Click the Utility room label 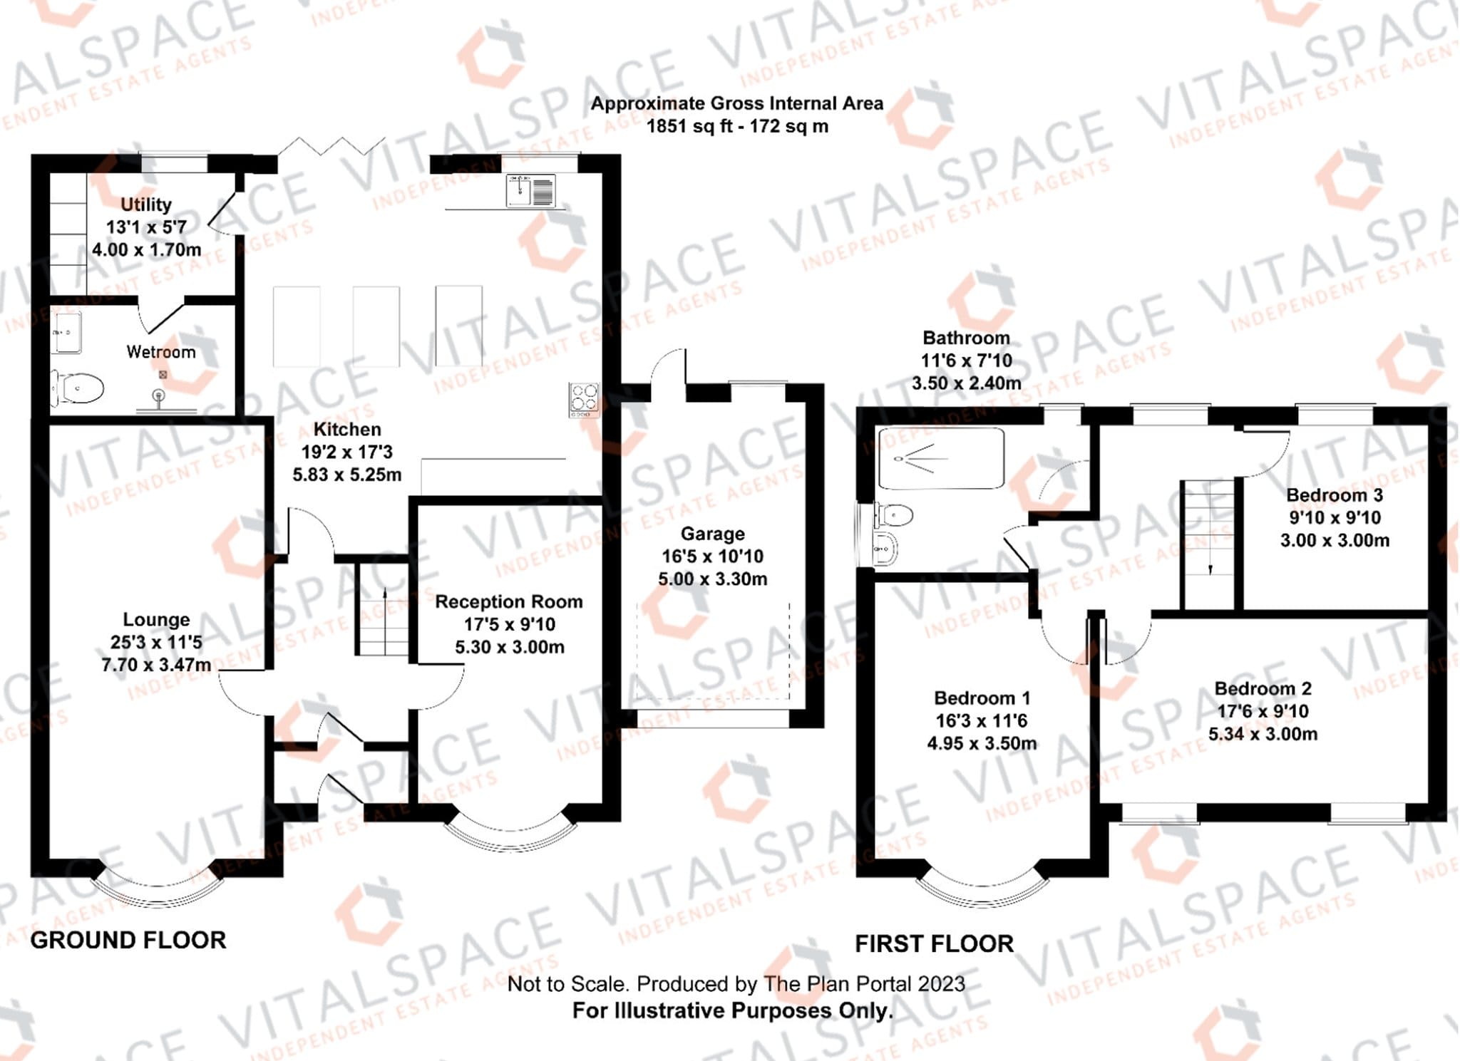point(146,205)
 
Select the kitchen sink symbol point(530,191)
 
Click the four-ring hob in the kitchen point(584,400)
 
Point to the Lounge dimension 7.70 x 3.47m point(156,666)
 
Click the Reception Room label point(509,602)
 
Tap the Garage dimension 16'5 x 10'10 point(712,557)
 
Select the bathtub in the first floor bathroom point(941,457)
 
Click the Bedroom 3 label point(1335,495)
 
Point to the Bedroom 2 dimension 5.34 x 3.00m point(1263,734)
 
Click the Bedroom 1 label point(982,698)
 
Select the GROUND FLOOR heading point(128,941)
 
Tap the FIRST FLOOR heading point(934,944)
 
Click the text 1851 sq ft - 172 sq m point(737,127)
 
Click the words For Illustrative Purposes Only point(732,1010)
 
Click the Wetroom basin point(66,332)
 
